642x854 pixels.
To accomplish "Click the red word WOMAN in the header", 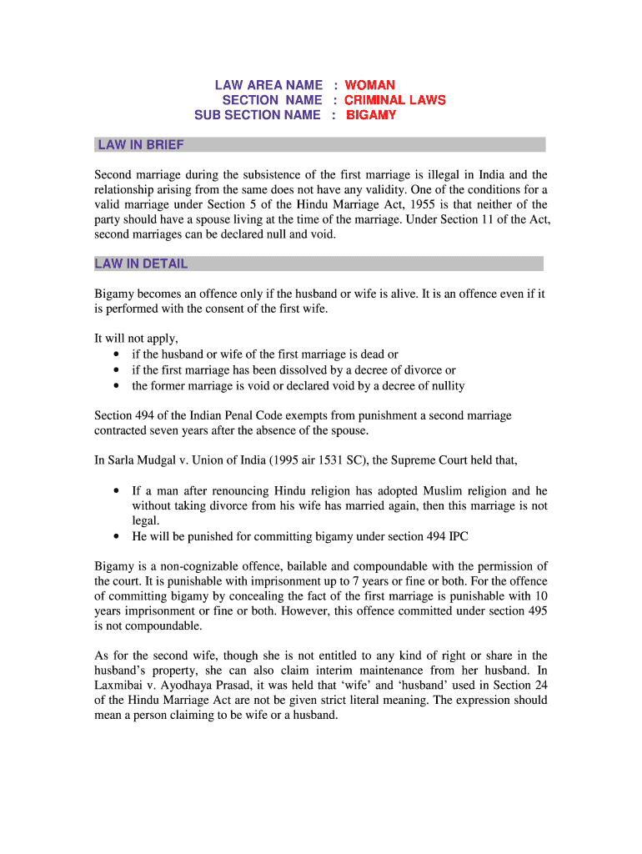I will click(x=370, y=85).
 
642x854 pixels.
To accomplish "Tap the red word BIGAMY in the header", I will click(x=371, y=115).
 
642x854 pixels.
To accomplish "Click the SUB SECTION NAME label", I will click(x=257, y=115).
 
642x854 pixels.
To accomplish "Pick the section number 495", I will click(x=538, y=611).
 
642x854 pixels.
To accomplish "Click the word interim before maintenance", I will click(x=329, y=671).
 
